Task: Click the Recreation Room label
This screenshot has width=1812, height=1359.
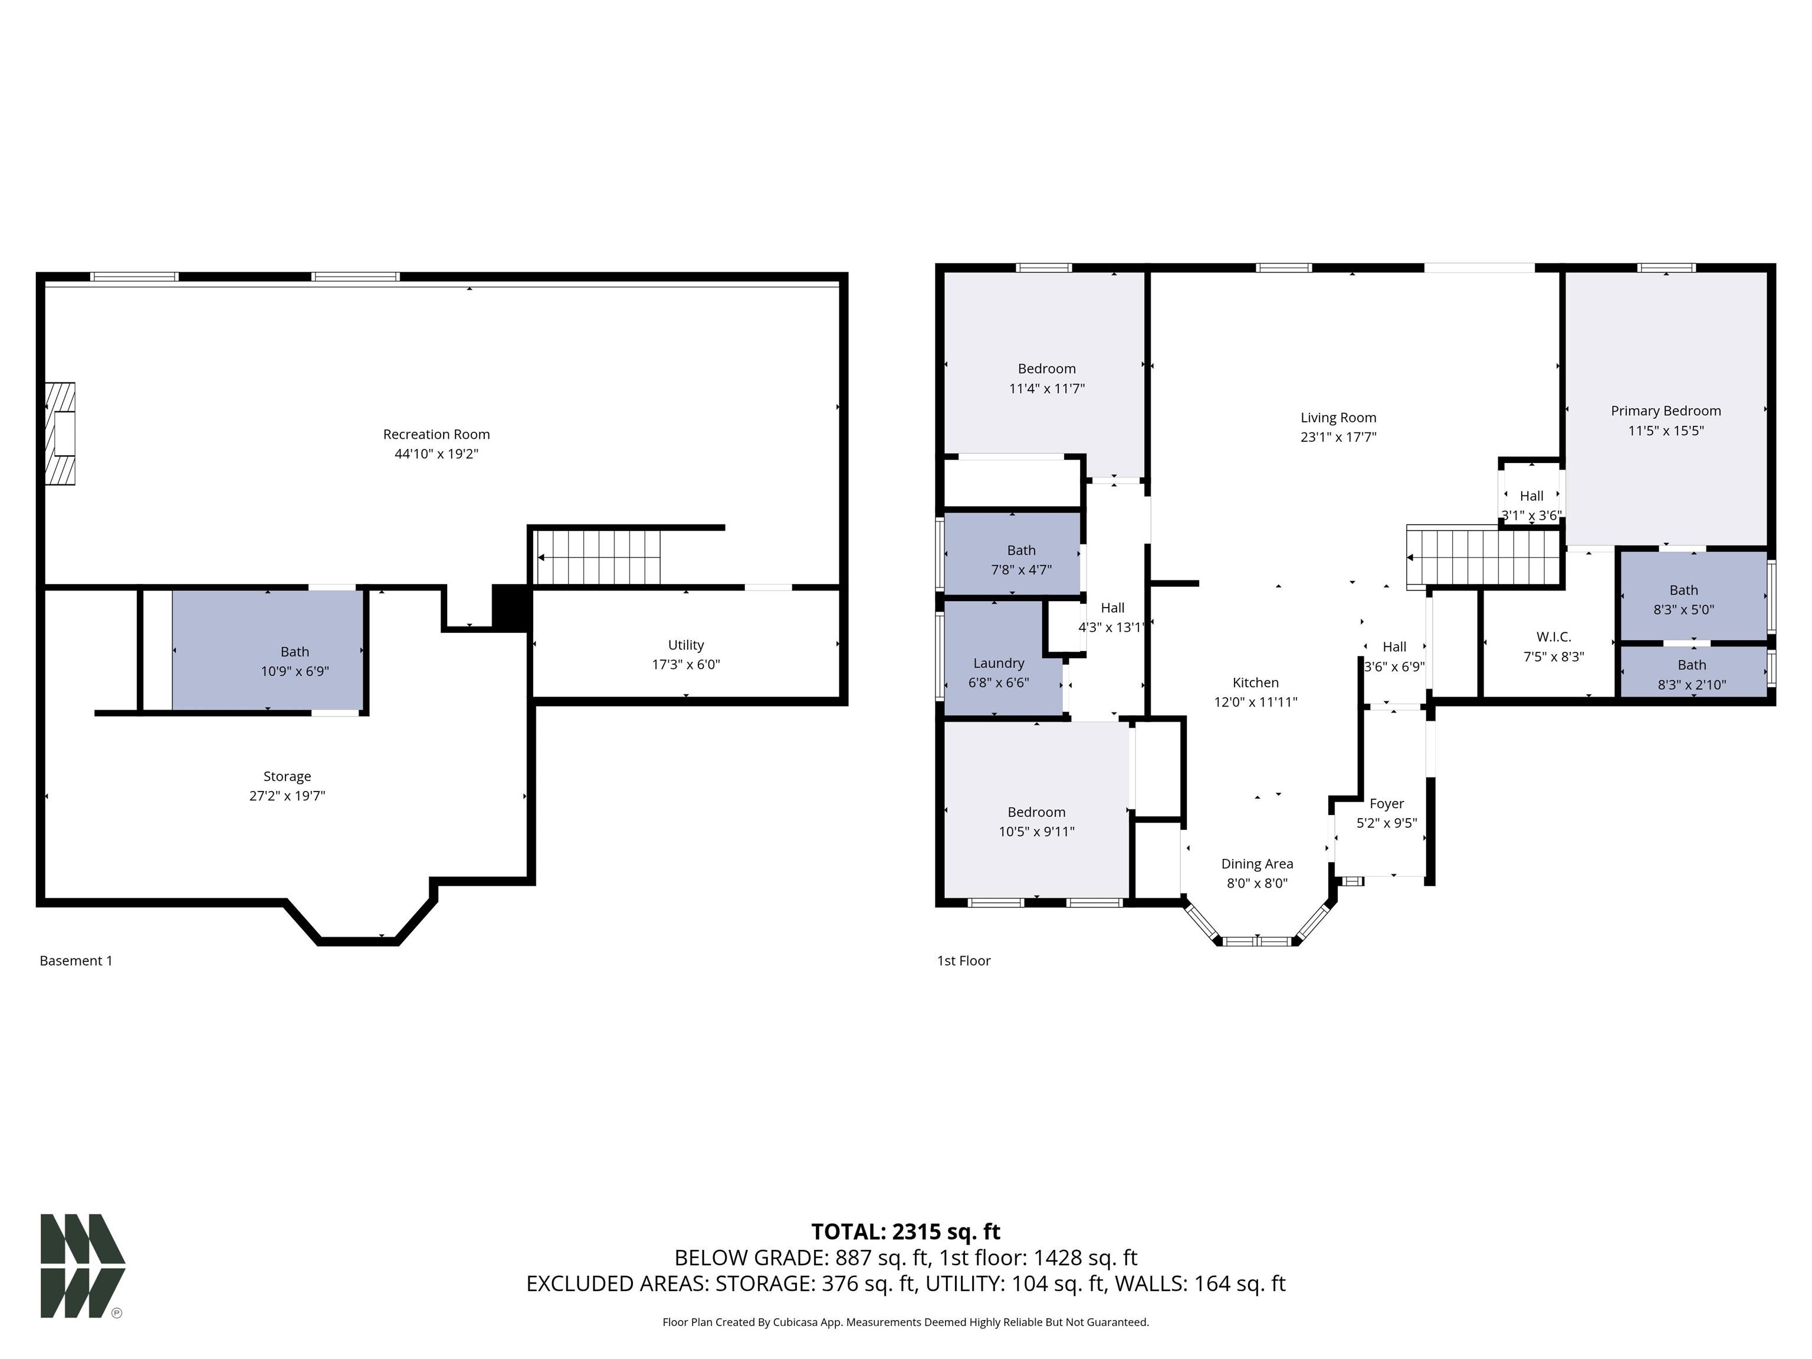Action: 436,434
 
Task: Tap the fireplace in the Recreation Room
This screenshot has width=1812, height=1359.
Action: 61,434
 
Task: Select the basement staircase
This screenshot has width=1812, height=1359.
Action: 598,557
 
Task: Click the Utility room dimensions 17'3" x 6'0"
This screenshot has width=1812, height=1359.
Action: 685,664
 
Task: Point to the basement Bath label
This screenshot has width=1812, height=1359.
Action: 295,651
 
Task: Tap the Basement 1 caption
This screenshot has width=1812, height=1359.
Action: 76,960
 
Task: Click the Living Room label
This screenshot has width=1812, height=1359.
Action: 1338,418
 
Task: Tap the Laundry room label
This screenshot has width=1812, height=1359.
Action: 999,663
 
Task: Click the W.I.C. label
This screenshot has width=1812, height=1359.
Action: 1553,636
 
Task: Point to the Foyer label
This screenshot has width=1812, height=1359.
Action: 1386,803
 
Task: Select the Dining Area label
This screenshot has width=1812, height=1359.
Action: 1256,864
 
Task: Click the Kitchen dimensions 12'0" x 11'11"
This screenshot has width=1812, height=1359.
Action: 1255,702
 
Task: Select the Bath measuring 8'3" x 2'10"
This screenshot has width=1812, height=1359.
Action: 1692,674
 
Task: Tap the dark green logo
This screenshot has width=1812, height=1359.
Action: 82,1266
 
